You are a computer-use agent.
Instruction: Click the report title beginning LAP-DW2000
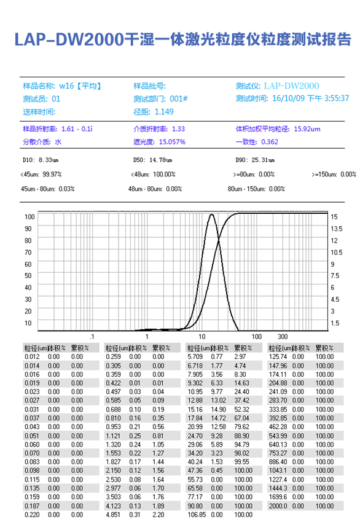182,39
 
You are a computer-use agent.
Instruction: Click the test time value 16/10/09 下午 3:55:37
310,98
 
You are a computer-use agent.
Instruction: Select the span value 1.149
164,112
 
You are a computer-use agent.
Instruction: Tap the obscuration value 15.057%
172,142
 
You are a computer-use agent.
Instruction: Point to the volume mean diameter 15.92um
307,129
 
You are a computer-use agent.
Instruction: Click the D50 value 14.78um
160,160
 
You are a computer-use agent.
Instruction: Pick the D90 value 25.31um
263,160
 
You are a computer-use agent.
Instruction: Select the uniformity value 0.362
270,142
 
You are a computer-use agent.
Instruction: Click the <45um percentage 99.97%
52,174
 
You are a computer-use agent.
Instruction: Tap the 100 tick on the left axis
29,217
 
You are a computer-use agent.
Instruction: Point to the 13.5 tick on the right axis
337,229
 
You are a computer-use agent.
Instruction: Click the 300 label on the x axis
283,336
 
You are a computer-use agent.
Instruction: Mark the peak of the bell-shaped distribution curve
211,214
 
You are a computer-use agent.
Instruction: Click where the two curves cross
219,240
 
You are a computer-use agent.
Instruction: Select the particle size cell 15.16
195,409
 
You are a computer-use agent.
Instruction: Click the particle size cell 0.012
32,356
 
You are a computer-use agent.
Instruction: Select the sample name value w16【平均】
80,85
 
